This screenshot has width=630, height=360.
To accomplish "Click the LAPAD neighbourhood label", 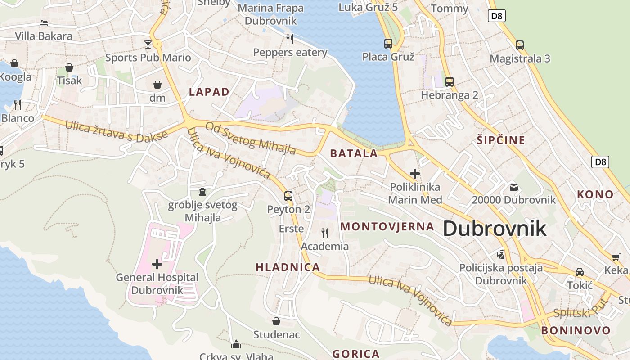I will (209, 92).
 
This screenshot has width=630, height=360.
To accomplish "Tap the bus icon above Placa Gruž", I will (388, 44).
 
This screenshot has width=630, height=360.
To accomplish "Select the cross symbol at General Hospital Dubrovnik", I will (157, 264).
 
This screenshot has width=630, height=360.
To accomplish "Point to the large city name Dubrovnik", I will (495, 229).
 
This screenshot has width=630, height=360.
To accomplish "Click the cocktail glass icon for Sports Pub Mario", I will (148, 44).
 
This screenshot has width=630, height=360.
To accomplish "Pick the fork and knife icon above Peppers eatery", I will (290, 39).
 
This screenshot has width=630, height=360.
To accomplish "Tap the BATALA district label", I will (354, 153).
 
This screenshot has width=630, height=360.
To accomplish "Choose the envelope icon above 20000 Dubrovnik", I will (513, 187).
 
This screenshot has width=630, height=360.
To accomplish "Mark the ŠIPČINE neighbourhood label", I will (501, 140).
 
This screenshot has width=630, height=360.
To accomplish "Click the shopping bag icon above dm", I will (157, 84).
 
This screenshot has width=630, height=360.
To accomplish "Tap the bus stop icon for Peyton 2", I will (288, 196).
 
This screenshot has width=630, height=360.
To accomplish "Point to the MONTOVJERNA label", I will (387, 226).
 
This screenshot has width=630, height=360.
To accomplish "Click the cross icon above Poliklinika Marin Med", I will (415, 174).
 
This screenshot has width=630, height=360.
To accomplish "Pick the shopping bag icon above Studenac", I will (276, 321).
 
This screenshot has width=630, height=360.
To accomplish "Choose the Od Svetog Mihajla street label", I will (251, 138).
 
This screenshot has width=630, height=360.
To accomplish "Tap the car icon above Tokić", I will (580, 272).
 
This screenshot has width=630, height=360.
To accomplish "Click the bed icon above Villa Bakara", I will (44, 22).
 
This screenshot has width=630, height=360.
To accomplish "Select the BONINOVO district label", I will (576, 330).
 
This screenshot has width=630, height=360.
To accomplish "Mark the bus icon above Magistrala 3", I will (520, 45).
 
